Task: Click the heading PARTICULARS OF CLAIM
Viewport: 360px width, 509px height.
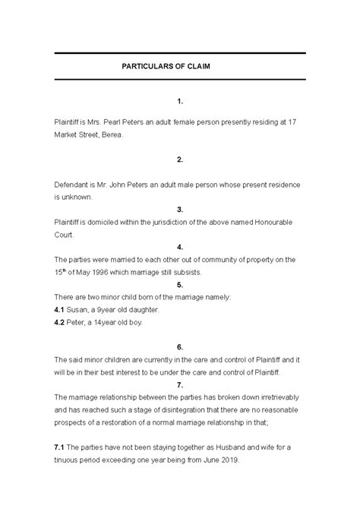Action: [177, 67]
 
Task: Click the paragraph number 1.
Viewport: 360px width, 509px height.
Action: [179, 100]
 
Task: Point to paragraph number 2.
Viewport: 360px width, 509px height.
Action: [179, 160]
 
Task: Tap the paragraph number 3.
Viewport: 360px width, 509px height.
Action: [179, 209]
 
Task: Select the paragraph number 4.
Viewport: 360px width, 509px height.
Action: [179, 247]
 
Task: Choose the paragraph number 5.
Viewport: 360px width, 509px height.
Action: [179, 284]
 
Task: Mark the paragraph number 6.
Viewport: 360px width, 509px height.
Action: [179, 346]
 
